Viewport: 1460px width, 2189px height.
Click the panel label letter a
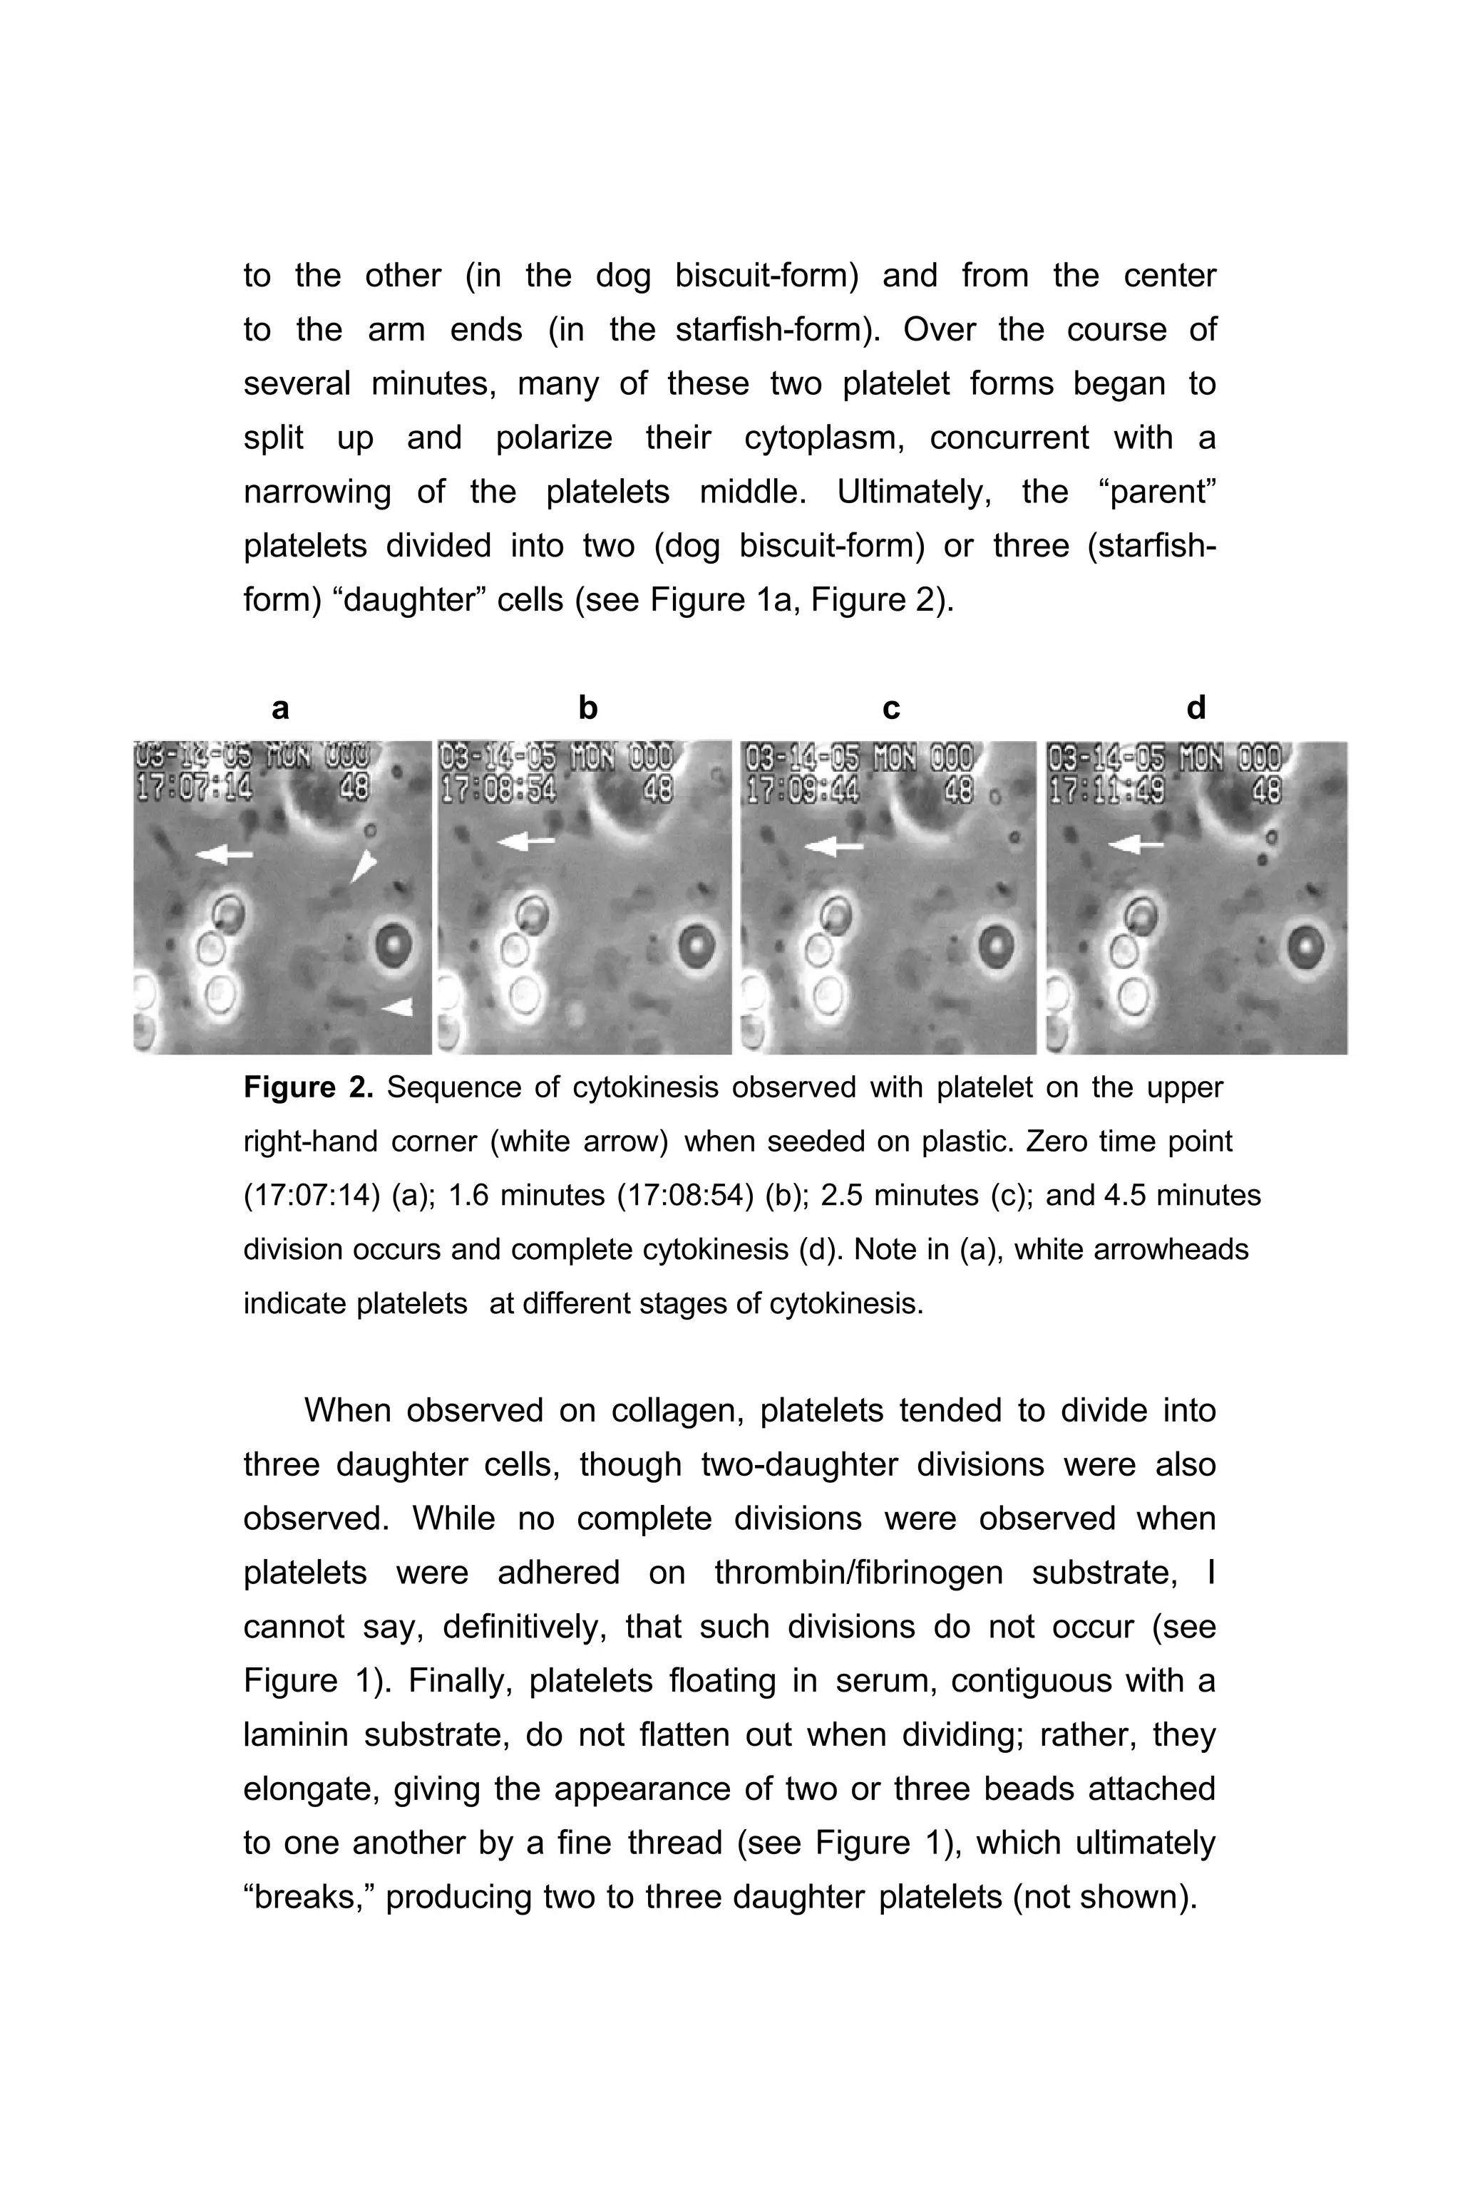pyautogui.click(x=280, y=708)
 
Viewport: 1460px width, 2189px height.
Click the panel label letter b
pyautogui.click(x=587, y=708)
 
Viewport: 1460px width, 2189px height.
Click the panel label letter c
pyautogui.click(x=891, y=708)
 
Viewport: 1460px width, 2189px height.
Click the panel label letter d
pyautogui.click(x=1196, y=708)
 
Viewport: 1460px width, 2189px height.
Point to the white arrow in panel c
pyautogui.click(x=833, y=846)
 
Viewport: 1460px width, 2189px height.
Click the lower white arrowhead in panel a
pyautogui.click(x=398, y=1006)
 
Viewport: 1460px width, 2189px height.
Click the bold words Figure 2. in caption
pyautogui.click(x=308, y=1087)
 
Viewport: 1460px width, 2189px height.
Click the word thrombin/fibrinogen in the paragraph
pyautogui.click(x=858, y=1572)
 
